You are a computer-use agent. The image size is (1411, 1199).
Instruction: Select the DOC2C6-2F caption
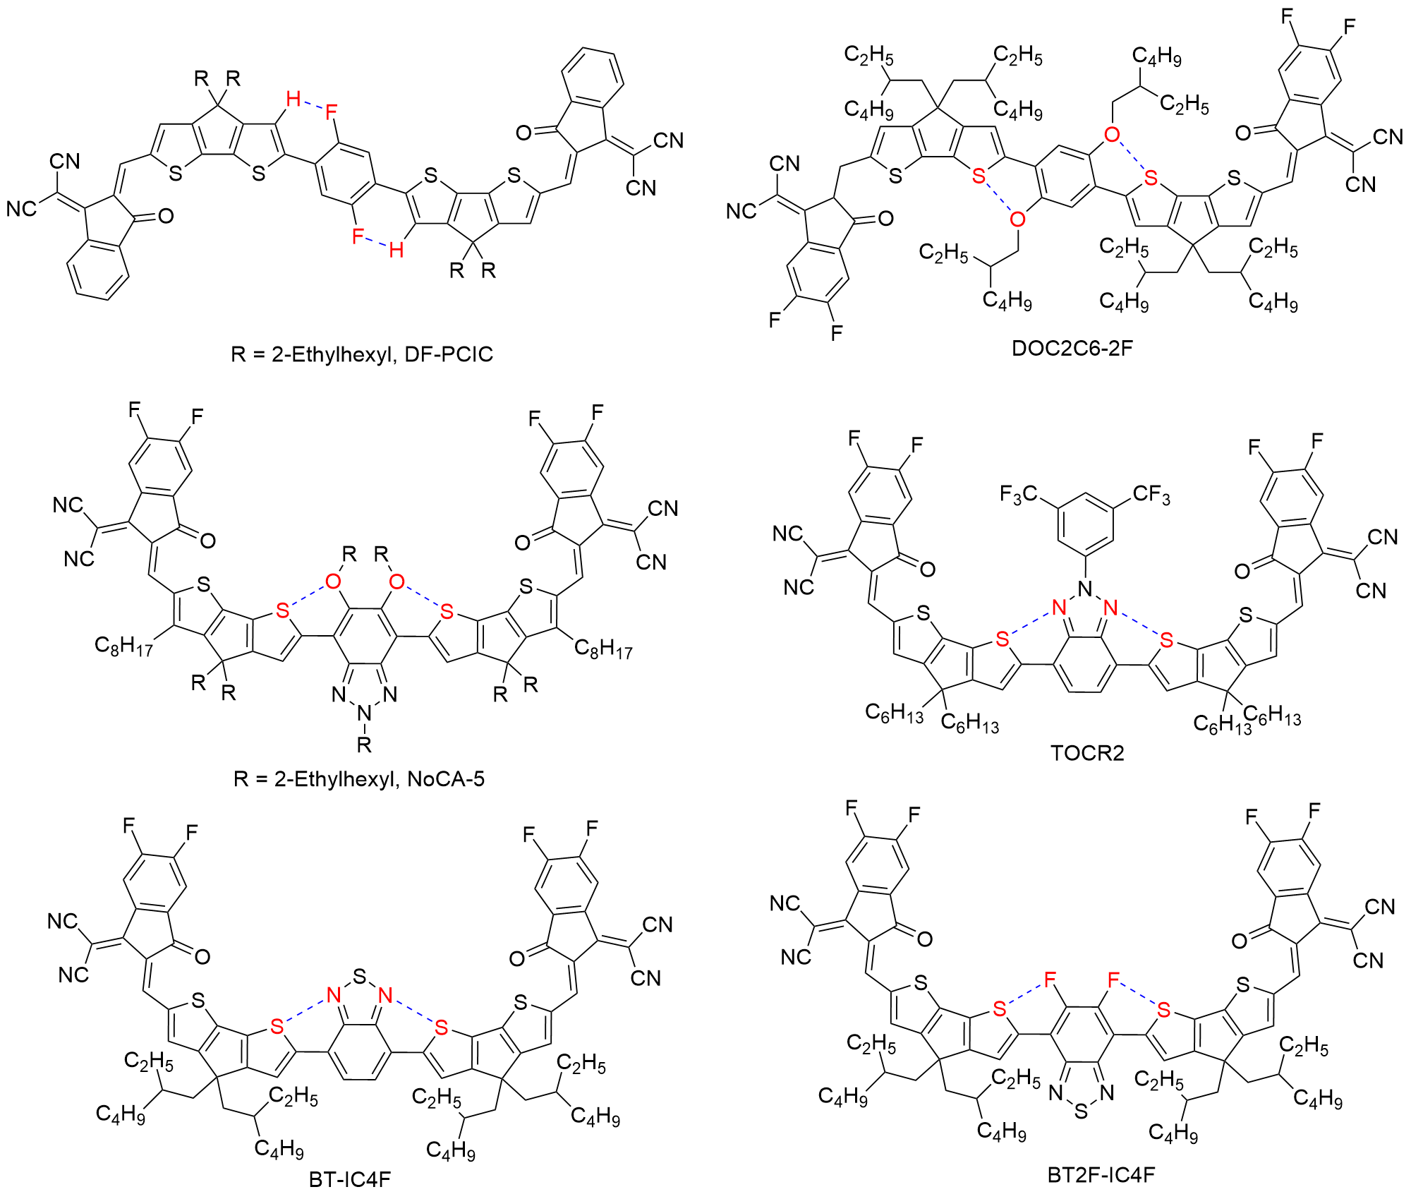(x=1072, y=348)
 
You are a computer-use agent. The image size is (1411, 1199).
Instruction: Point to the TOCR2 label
(x=1087, y=753)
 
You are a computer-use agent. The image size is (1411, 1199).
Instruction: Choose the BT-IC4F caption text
(x=350, y=1179)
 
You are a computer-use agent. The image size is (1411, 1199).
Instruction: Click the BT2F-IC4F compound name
(x=1101, y=1175)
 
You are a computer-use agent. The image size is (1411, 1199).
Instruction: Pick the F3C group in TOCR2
(x=1018, y=495)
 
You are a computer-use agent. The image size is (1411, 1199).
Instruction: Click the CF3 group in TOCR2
(x=1151, y=495)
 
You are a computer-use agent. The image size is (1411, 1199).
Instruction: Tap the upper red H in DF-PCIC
(x=293, y=99)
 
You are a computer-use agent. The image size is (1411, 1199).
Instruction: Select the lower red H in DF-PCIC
(x=396, y=249)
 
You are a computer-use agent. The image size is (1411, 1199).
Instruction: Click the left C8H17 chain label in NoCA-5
(x=123, y=646)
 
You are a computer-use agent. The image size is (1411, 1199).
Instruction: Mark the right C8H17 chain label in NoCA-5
(x=603, y=649)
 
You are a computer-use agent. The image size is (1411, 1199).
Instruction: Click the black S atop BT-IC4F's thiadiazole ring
(x=360, y=977)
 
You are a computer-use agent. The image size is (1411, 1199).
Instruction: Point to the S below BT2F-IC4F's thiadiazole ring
(x=1082, y=1113)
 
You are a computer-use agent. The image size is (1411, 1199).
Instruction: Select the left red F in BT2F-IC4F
(x=1050, y=980)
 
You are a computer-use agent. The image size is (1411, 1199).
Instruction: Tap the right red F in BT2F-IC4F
(x=1113, y=980)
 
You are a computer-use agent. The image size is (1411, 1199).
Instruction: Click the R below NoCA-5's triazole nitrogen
(x=364, y=744)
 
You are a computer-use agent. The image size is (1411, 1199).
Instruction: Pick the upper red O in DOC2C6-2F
(x=1112, y=134)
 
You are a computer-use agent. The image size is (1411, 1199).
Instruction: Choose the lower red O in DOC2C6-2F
(x=1017, y=219)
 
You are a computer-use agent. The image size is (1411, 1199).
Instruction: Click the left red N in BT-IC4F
(x=334, y=996)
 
